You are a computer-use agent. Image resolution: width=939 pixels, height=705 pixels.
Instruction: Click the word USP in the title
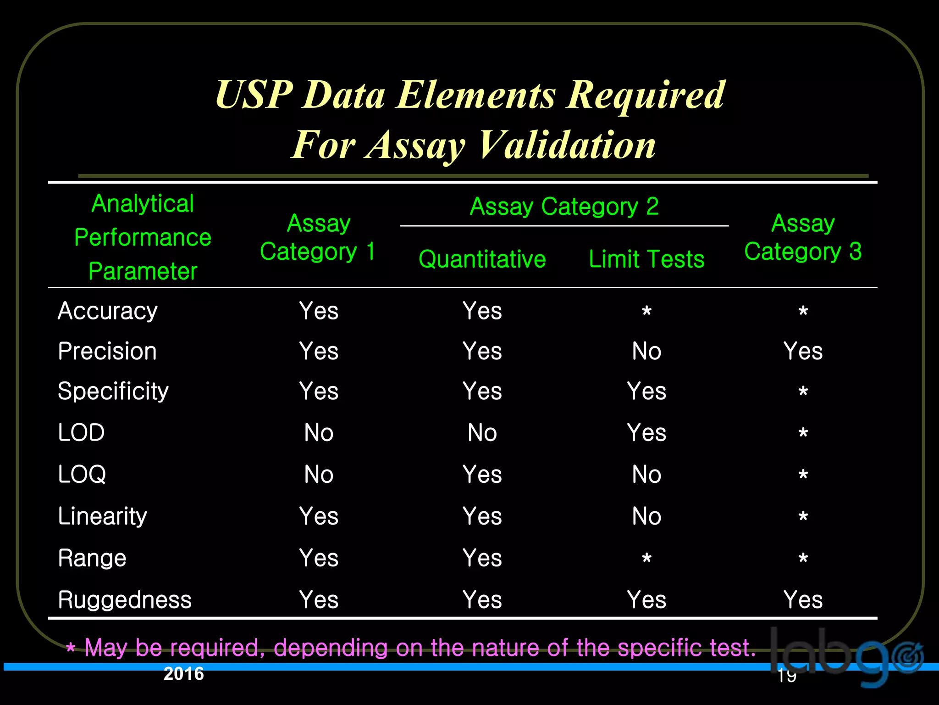[x=254, y=95]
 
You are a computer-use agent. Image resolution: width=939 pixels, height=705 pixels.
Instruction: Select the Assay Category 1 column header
[x=318, y=237]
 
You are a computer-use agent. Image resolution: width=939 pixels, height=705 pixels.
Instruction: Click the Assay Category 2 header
[x=564, y=207]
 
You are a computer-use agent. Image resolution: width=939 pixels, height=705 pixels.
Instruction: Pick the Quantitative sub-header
[x=482, y=259]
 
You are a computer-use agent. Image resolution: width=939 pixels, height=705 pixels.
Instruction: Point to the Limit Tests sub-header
[x=646, y=259]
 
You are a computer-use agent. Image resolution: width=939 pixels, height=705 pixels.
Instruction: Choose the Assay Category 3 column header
[x=803, y=237]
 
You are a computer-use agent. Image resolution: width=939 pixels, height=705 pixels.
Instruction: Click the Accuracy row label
[x=108, y=311]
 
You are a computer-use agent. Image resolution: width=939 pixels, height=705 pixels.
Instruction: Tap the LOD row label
[x=82, y=433]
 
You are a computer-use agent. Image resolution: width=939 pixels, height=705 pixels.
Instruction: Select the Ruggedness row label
[x=125, y=600]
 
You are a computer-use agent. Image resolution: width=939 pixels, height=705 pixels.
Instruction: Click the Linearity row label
[x=103, y=516]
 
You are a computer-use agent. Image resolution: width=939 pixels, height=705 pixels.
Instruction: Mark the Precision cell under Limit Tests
[x=646, y=352]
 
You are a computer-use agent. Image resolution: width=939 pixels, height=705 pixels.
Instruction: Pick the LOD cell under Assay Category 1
[x=319, y=433]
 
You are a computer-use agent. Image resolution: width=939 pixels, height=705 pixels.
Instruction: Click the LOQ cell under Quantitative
[x=482, y=475]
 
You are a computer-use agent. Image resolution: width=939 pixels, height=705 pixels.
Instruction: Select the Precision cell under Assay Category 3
[x=803, y=352]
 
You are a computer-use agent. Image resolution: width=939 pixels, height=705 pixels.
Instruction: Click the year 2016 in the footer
[x=184, y=674]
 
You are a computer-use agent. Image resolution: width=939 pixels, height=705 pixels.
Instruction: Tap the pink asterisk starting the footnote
[x=71, y=649]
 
